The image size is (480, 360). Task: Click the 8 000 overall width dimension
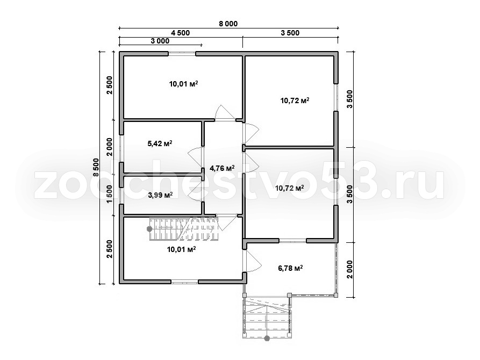[228, 24]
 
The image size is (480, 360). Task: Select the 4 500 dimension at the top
[180, 33]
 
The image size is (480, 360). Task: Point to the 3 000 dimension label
[160, 41]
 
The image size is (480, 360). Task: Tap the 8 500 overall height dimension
[96, 167]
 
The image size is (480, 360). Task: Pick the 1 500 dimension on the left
[110, 195]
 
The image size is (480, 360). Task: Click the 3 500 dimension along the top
[290, 33]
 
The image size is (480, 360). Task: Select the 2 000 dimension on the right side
[350, 269]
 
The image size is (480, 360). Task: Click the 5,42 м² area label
[160, 143]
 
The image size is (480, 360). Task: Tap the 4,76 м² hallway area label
[222, 168]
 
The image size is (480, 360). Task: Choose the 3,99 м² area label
[160, 195]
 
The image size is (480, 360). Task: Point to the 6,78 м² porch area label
[290, 269]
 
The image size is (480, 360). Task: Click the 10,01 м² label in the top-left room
[183, 84]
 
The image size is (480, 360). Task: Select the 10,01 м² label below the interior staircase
[182, 249]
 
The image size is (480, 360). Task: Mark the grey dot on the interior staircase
[149, 229]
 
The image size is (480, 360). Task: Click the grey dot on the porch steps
[267, 339]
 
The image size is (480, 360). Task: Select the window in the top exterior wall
[182, 54]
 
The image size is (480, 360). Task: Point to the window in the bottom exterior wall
[184, 282]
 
